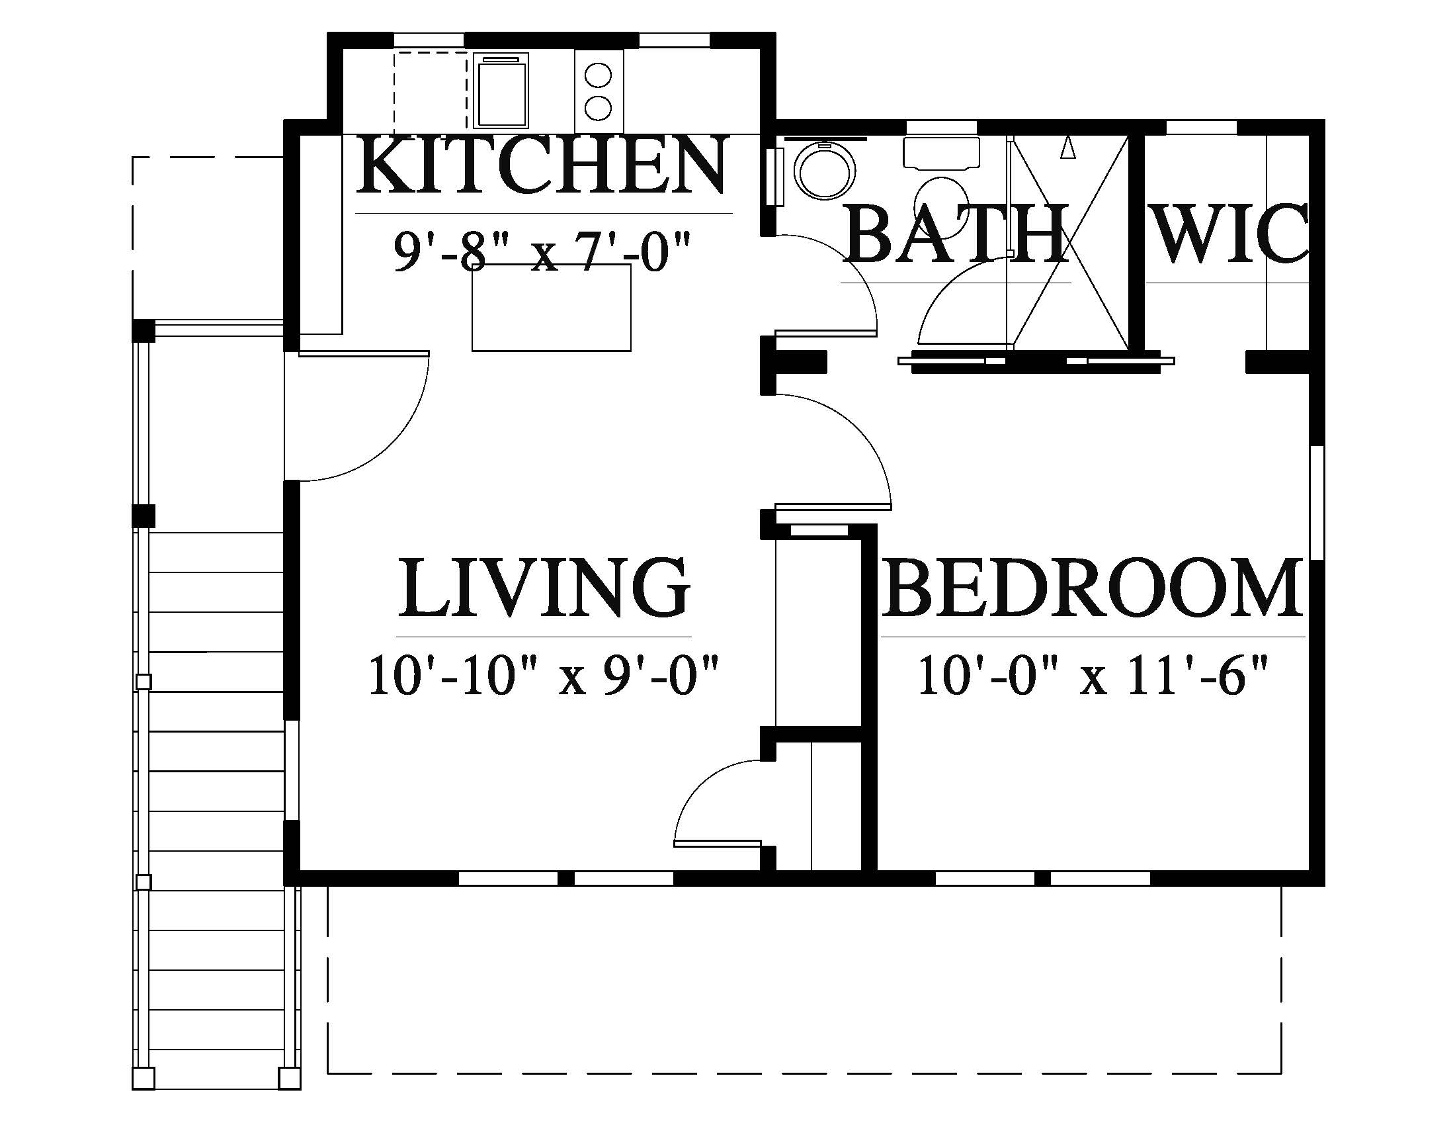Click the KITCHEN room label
pos(540,164)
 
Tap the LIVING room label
pos(543,588)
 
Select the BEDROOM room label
pos(1092,588)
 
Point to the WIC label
pos(1229,234)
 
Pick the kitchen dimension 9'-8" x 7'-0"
pos(540,252)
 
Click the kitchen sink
pos(501,91)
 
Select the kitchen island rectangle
pos(551,307)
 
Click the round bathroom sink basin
pos(825,171)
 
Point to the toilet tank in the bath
pos(941,153)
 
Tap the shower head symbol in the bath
pos(1068,148)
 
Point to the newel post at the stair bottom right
pos(289,1077)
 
